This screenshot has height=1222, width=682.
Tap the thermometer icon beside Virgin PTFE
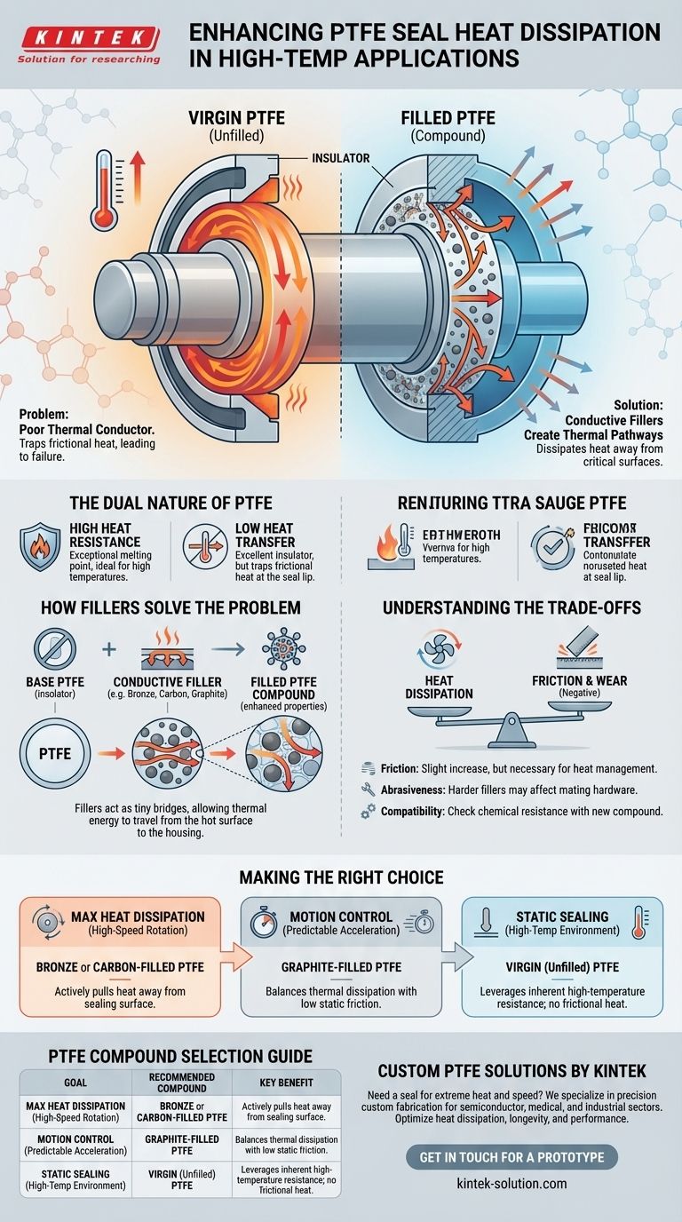point(107,188)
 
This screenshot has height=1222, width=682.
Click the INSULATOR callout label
point(340,158)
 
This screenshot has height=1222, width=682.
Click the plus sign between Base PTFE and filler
point(109,648)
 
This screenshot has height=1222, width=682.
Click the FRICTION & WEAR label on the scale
point(591,682)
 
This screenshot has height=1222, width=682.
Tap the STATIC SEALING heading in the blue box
point(562,916)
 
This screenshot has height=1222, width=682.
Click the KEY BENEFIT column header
point(285,1087)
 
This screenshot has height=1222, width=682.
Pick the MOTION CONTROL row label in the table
point(75,1139)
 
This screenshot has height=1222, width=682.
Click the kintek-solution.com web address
point(511,1183)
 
